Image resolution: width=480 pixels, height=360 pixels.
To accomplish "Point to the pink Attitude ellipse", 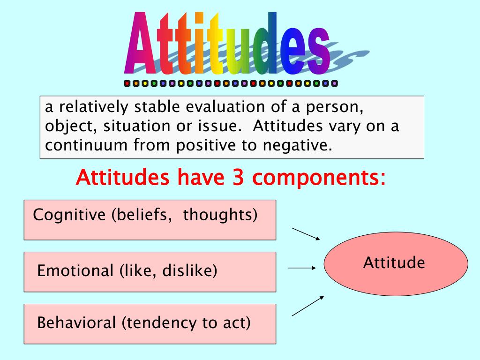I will pos(396,264).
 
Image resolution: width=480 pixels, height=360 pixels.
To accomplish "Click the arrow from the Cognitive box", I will pos(306,234).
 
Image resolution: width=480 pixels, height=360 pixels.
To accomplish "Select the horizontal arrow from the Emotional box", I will pos(302,268).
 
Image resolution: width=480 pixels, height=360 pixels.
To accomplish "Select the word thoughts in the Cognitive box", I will pos(220,215).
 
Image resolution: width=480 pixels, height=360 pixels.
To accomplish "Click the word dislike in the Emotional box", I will pos(190,270).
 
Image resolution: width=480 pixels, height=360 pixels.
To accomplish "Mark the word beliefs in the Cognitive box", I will pos(142,215).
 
